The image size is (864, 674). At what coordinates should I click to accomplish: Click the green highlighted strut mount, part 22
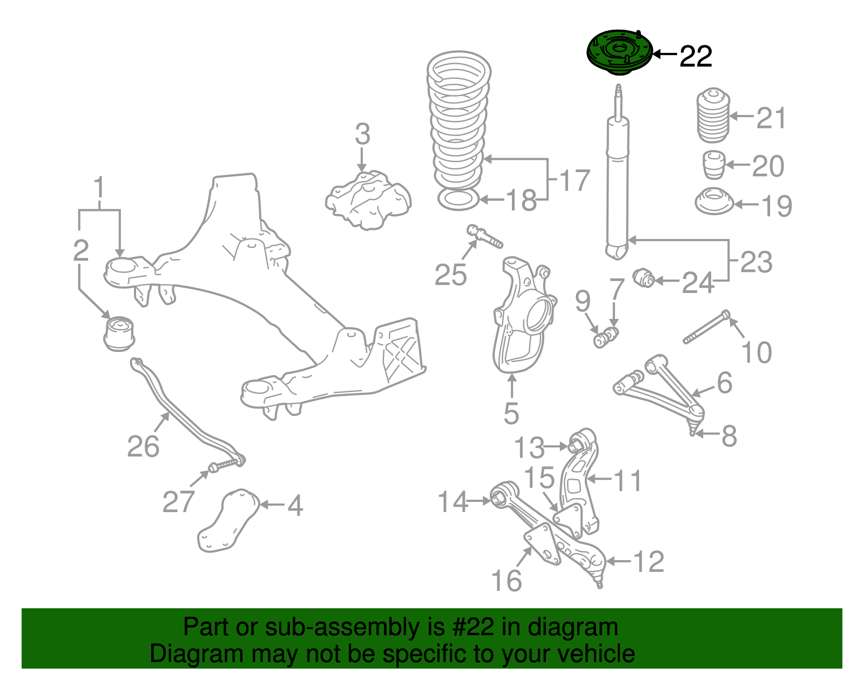pos(619,53)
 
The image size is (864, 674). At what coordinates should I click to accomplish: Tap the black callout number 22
pos(696,56)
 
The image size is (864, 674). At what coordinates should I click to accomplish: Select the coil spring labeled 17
pos(458,119)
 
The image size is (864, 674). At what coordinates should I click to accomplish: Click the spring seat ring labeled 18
pos(458,200)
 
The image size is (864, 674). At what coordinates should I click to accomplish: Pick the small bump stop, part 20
pos(713,165)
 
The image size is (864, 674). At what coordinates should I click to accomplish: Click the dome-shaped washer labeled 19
pos(714,201)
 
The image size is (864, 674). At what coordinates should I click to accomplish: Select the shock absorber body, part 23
pos(617,189)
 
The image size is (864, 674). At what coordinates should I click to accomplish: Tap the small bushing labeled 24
pos(643,277)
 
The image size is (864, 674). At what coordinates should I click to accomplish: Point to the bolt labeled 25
pos(484,237)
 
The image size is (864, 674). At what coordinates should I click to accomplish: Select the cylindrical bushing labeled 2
pos(119,333)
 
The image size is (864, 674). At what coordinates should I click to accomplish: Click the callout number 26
pos(143,447)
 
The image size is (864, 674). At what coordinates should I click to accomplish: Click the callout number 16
pos(506,581)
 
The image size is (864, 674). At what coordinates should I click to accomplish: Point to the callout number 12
pos(648,562)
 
